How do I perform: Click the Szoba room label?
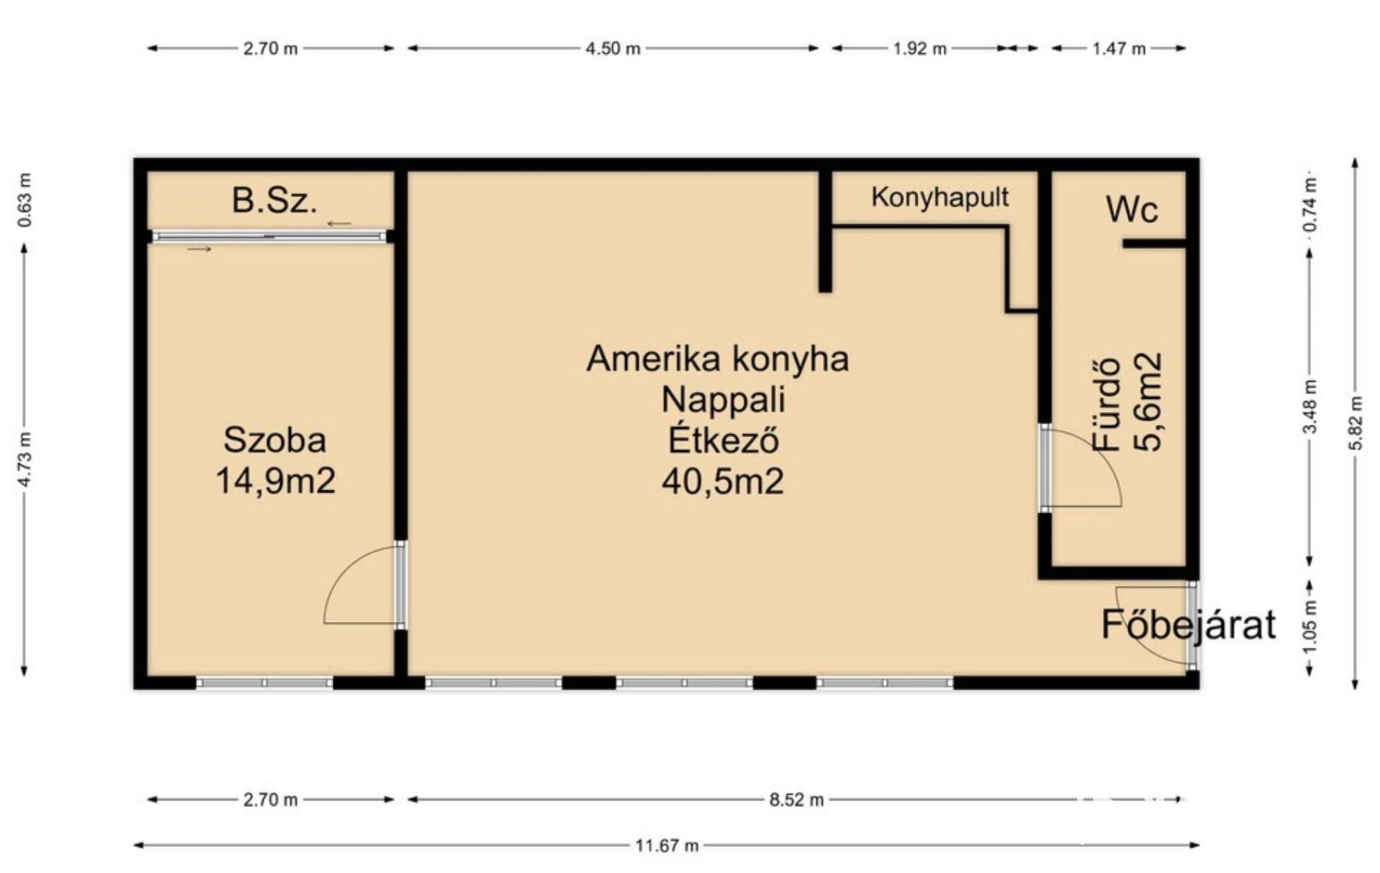coord(275,441)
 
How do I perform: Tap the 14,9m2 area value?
coord(275,481)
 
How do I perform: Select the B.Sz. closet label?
coord(274,201)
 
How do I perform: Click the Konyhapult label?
coord(940,198)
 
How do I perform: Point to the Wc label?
coord(1132,209)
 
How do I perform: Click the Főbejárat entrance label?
coord(1188,625)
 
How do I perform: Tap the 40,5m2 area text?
coord(722,482)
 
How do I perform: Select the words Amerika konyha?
coord(717,359)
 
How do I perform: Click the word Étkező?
coord(723,441)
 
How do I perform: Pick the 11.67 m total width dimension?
coord(667,846)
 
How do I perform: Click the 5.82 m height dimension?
coord(1355,423)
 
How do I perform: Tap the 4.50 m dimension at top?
coord(613,48)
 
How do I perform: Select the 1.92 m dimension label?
coord(919,48)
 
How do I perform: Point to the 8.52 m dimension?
coord(796,799)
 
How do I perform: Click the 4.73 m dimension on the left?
coord(25,460)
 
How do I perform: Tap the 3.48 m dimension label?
coord(1310,406)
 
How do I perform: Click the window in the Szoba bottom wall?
coord(265,683)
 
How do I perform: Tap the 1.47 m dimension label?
coord(1119,48)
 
